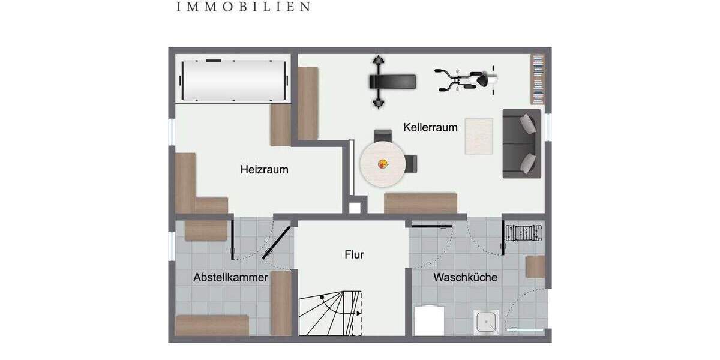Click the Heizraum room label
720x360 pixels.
[x=264, y=170]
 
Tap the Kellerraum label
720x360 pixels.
[x=430, y=127]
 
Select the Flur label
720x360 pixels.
[x=354, y=254]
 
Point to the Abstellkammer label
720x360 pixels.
[x=230, y=278]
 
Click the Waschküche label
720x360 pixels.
[x=465, y=278]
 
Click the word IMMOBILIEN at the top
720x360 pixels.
[x=244, y=7]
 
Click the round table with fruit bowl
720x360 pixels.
[x=382, y=164]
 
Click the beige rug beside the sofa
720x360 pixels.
[x=479, y=136]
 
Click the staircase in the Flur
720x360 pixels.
[x=331, y=313]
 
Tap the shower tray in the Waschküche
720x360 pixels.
[x=485, y=323]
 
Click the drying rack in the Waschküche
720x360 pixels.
[x=524, y=232]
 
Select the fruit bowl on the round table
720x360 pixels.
[x=382, y=163]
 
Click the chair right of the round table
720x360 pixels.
[x=411, y=163]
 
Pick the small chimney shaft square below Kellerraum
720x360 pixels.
[x=355, y=208]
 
